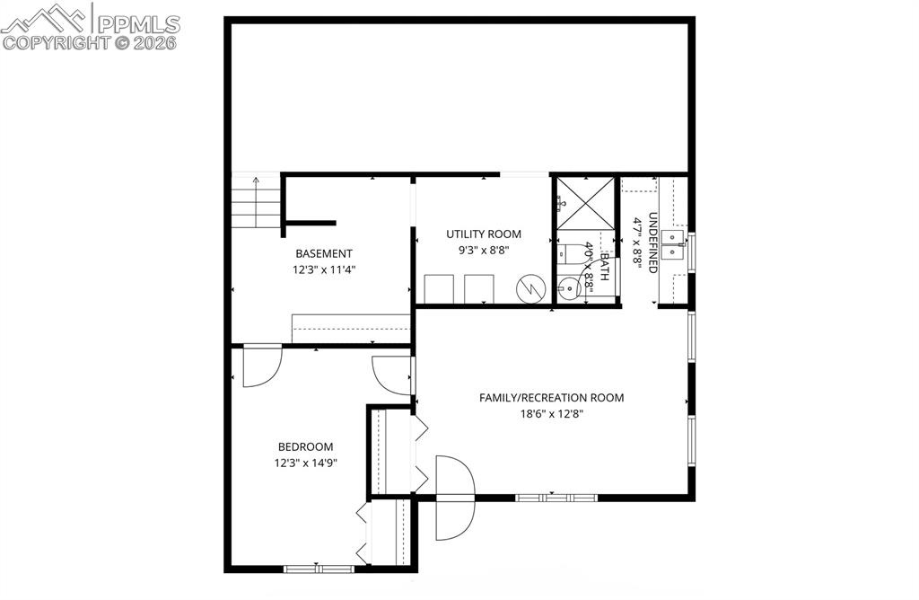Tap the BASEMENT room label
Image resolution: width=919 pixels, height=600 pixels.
point(324,253)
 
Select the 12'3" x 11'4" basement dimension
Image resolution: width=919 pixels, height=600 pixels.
point(324,269)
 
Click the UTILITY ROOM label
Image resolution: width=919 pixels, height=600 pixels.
point(483,234)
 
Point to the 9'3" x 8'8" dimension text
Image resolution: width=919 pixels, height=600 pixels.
point(483,251)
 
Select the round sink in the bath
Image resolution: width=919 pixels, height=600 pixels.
point(568,288)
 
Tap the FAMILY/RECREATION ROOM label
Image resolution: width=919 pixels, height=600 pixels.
point(551,398)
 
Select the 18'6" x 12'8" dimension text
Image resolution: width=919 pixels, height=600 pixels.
point(551,414)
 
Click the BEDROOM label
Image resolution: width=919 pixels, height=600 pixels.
point(305,446)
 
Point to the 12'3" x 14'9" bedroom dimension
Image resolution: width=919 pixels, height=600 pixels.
point(305,463)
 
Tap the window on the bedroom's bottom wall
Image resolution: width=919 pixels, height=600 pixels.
point(319,568)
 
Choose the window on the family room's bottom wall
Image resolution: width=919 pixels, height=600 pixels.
point(556,497)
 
